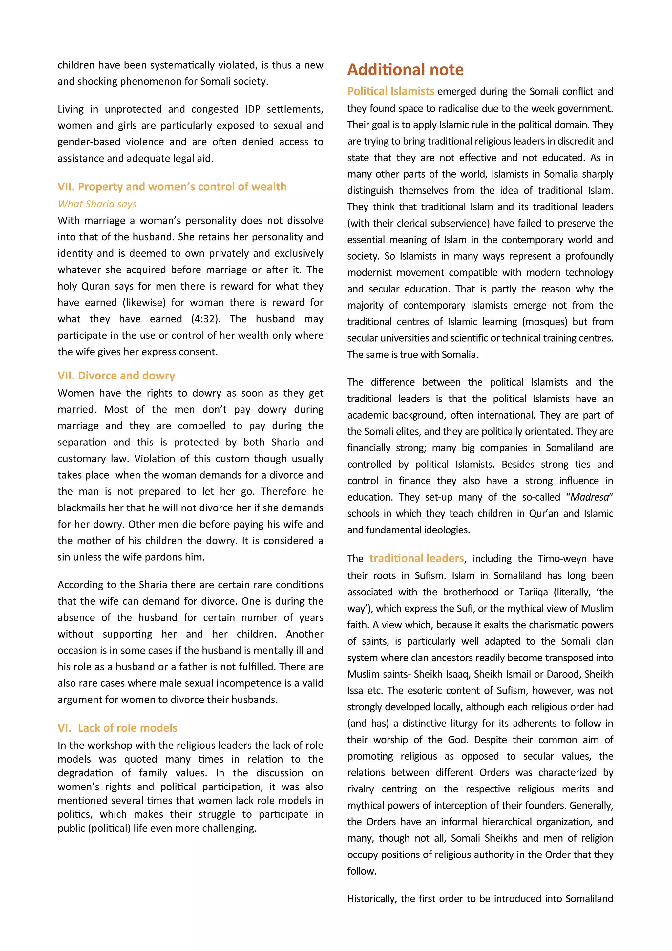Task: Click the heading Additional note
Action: (405, 70)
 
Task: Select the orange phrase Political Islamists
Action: (390, 91)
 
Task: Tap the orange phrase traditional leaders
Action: (416, 558)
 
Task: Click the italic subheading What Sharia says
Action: (97, 204)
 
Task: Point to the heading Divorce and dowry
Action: (116, 375)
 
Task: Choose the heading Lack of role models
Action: (117, 728)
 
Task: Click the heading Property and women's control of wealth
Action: (172, 186)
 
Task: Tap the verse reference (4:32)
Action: (206, 319)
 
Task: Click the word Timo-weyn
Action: (562, 559)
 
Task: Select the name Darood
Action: (563, 674)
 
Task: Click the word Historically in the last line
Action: (372, 898)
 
